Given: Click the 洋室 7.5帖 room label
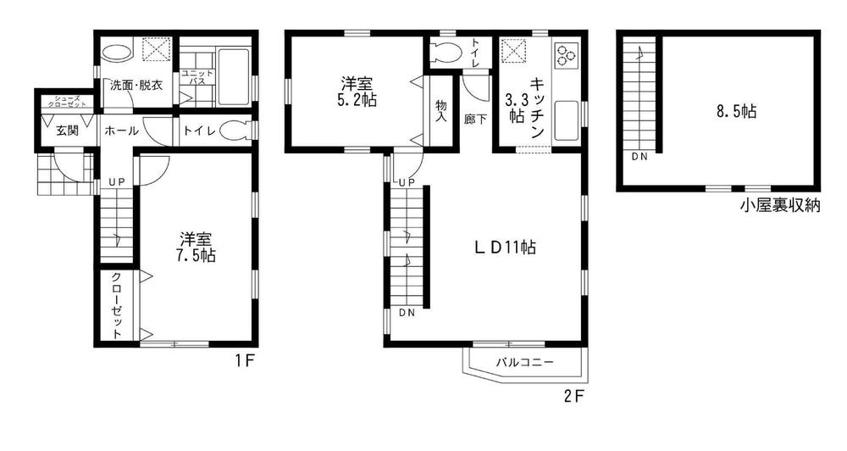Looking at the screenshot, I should (x=197, y=246).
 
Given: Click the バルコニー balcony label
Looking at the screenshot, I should (x=524, y=362).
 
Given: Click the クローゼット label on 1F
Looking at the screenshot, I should (x=116, y=306).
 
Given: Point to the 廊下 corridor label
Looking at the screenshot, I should (x=475, y=119).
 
